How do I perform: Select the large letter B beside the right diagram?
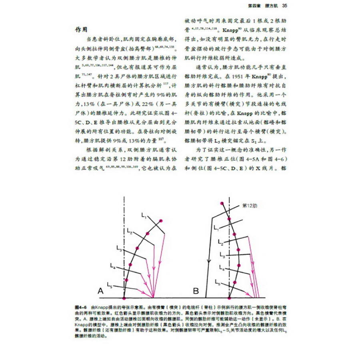point(196,290)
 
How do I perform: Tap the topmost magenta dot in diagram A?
point(161,221)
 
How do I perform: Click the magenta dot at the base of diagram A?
point(124,298)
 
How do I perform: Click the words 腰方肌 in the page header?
point(272,6)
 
